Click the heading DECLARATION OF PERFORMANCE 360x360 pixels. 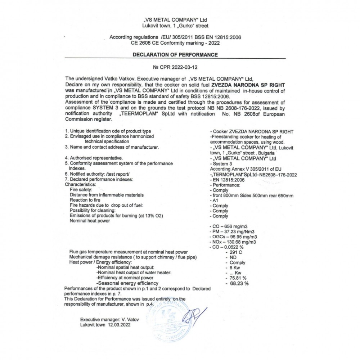pyautogui.click(x=175, y=55)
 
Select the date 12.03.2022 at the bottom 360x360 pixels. pyautogui.click(x=118, y=324)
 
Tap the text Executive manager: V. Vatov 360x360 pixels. pyautogui.click(x=109, y=319)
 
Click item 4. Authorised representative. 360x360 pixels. pyautogui.click(x=94, y=158)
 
